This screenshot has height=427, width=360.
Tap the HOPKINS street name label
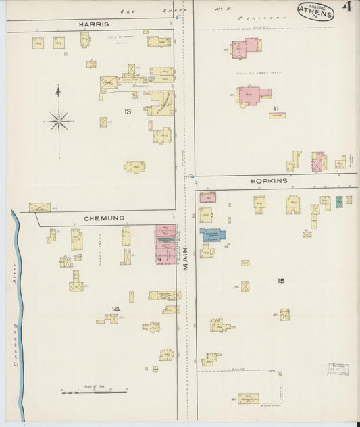[x=269, y=181]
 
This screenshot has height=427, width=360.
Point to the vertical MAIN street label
[x=186, y=257]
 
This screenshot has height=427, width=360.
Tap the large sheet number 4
[x=346, y=8]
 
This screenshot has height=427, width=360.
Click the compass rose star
[x=59, y=122]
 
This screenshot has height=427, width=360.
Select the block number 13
[x=127, y=111]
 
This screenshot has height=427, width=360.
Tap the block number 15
[x=281, y=280]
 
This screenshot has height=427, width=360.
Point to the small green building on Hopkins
[x=338, y=201]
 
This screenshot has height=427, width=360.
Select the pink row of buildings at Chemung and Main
[x=166, y=244]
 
